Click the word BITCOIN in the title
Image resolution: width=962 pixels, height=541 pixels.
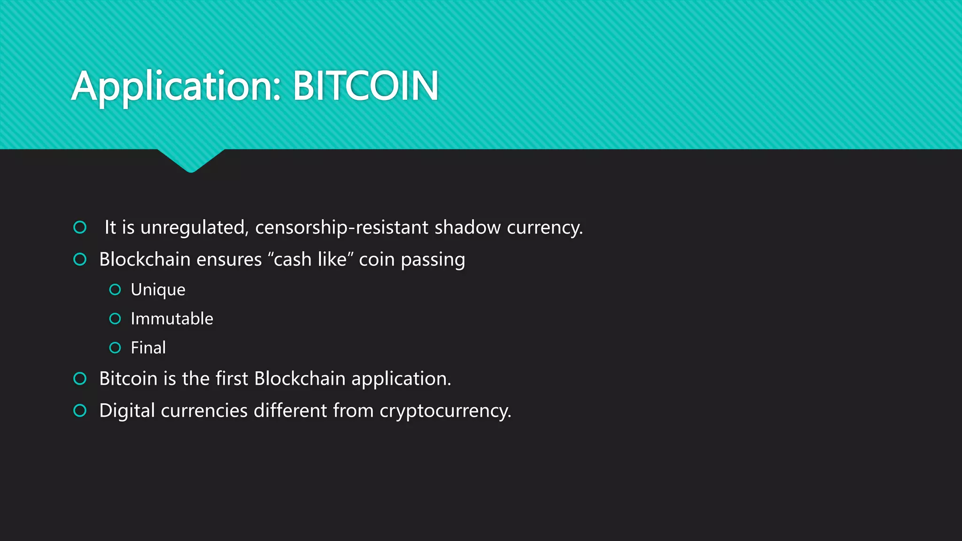[x=365, y=86]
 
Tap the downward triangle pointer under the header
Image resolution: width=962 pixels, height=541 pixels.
[x=191, y=160]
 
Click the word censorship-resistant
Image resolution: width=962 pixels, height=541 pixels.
[x=341, y=228]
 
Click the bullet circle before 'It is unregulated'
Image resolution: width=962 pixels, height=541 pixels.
[x=80, y=227]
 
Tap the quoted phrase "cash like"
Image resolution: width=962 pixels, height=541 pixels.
[x=310, y=259]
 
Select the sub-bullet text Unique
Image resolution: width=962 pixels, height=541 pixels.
[x=158, y=290]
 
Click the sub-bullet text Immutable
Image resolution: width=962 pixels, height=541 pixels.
[x=172, y=319]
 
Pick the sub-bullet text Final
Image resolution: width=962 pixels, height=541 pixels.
[x=148, y=348]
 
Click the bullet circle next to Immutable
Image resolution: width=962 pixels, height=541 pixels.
[x=115, y=319]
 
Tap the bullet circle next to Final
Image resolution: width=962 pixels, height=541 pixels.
[x=115, y=348]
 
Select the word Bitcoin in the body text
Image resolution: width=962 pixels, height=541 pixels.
[x=128, y=379]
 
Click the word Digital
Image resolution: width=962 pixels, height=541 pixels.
[x=127, y=411]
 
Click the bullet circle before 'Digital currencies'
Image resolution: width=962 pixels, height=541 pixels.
[x=80, y=410]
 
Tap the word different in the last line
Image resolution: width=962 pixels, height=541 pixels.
[x=290, y=410]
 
